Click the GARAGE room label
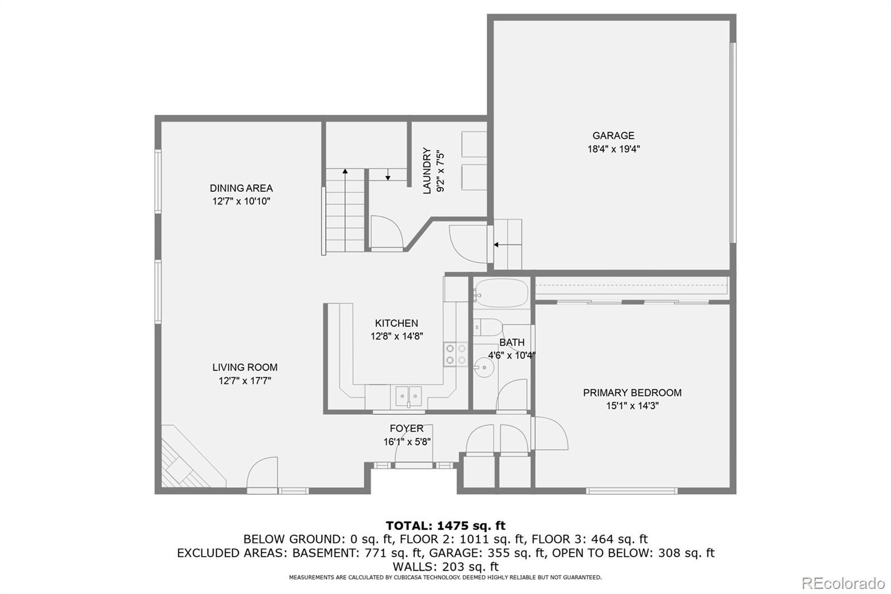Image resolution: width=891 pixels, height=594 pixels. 613,135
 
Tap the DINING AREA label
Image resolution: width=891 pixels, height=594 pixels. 241,188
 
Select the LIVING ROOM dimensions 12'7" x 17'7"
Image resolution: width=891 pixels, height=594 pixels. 244,381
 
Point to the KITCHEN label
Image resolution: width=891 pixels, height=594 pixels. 396,323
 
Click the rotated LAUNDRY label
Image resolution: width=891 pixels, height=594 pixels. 427,171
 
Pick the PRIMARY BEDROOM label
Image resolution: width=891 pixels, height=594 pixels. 632,392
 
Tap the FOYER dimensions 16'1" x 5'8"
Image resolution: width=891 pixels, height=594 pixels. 407,441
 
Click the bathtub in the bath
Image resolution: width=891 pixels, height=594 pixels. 501,293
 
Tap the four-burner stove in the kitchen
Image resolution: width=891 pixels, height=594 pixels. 456,354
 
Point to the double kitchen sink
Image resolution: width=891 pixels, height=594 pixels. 409,396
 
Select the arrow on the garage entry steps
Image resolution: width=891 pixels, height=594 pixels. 507,245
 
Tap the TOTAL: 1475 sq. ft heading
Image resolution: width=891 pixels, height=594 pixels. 445,525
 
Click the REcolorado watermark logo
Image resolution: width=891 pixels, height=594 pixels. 843,583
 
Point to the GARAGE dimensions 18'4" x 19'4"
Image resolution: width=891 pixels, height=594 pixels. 614,149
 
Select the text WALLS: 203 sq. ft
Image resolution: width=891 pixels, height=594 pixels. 445,566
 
